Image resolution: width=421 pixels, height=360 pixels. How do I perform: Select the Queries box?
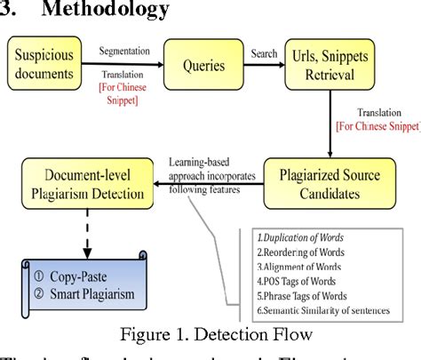coord(210,64)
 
